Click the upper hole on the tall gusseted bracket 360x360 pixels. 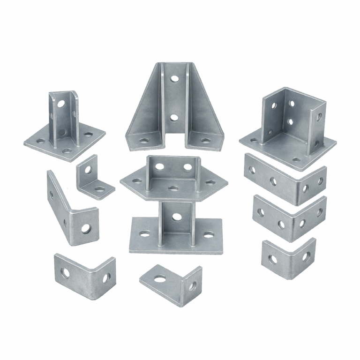[174, 79]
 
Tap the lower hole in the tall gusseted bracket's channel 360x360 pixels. [174, 118]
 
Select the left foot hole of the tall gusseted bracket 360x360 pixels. [143, 140]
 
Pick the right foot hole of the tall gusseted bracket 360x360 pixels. [205, 140]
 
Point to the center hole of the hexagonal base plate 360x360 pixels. [173, 188]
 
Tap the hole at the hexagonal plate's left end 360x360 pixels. [137, 180]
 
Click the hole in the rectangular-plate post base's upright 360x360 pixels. [177, 217]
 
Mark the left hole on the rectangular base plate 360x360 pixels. [145, 233]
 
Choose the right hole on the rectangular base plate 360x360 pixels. [208, 234]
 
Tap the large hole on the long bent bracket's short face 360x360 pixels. [86, 229]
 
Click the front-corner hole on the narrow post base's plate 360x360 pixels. [67, 151]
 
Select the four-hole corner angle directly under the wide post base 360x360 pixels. [285, 179]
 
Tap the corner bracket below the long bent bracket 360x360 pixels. [85, 275]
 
